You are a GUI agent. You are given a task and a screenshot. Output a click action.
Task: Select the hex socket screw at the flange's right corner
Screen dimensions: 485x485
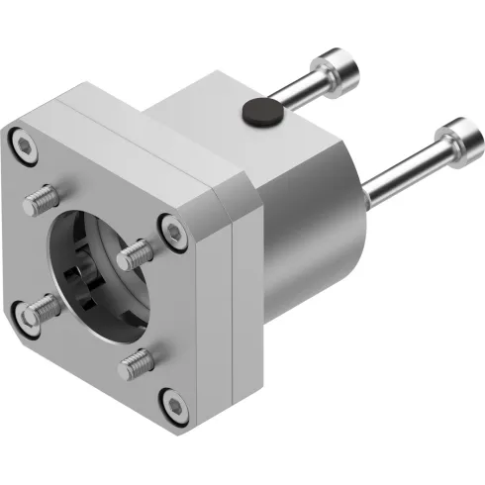[x=175, y=232]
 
